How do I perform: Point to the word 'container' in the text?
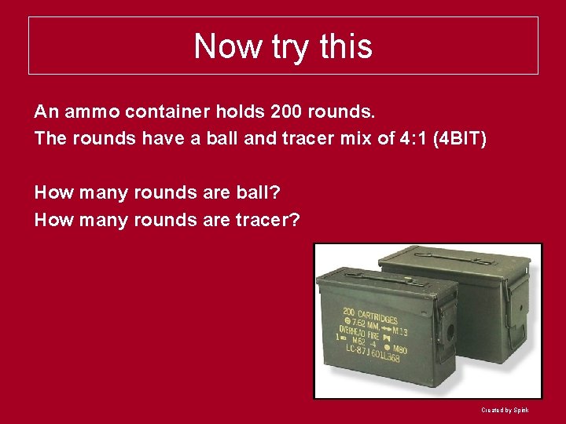point(165,111)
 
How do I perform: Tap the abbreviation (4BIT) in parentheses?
point(465,138)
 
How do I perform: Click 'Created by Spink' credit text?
point(505,410)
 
